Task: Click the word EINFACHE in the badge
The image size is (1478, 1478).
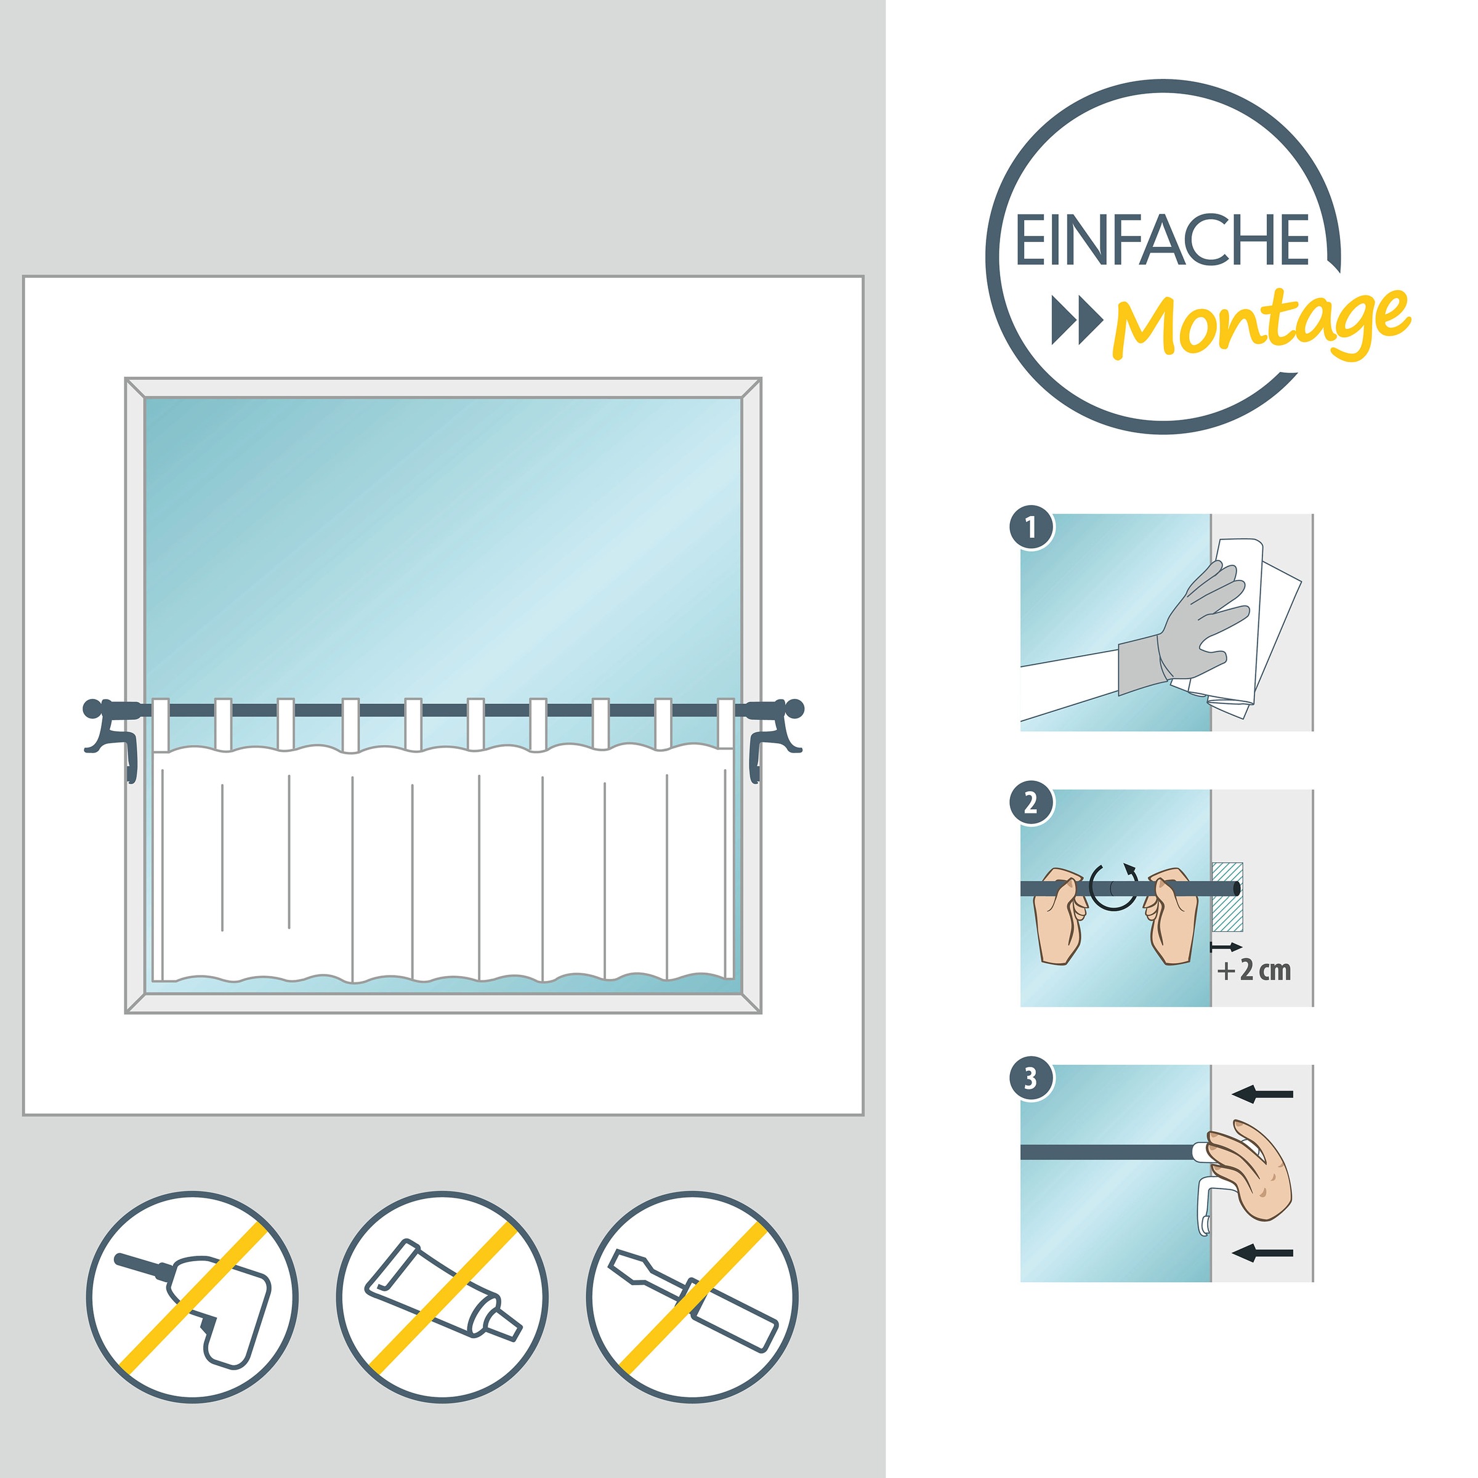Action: point(1162,240)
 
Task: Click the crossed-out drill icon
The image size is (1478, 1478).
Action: point(192,1297)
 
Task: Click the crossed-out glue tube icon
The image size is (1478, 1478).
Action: point(442,1297)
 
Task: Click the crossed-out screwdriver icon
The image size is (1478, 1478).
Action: point(692,1297)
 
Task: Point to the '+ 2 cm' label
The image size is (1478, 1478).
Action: point(1254,971)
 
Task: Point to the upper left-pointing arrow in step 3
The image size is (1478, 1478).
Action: point(1262,1095)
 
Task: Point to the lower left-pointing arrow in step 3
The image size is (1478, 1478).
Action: point(1262,1253)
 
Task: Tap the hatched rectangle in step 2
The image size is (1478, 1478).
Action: point(1227,897)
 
